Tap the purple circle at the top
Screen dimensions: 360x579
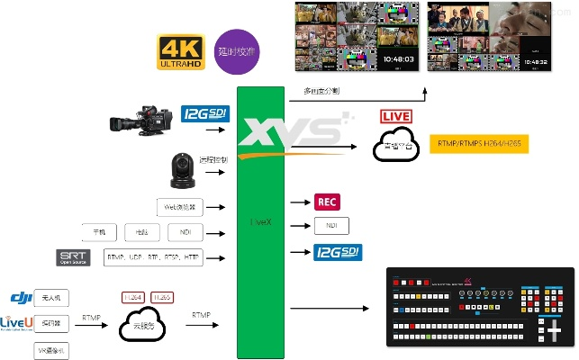237,50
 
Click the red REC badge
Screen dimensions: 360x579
328,202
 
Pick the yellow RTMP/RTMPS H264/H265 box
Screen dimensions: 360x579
478,143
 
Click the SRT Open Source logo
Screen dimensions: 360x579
73,257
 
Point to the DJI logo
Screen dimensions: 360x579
20,297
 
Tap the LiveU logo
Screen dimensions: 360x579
16,322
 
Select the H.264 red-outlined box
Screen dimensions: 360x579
133,297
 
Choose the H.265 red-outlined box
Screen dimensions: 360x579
162,297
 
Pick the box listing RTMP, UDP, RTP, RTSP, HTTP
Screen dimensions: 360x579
153,258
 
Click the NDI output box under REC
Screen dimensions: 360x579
330,226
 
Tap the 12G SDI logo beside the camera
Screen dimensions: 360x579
205,114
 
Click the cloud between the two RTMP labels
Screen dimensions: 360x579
147,324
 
